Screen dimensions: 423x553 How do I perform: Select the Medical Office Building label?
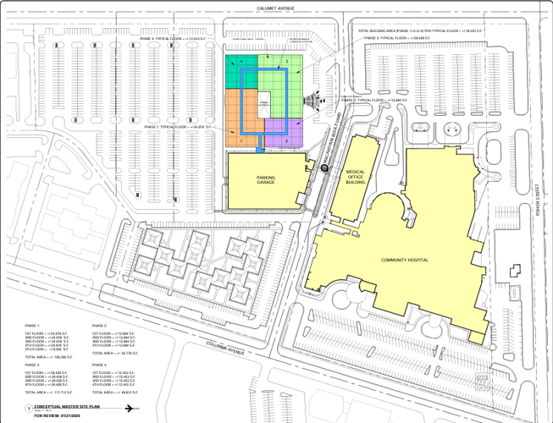355,177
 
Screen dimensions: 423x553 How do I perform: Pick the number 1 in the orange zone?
241,140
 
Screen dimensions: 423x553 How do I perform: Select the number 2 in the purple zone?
287,140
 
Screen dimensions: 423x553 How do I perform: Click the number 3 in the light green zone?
287,62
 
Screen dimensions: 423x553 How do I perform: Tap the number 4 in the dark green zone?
241,62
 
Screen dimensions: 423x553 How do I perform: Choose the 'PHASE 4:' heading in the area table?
99,365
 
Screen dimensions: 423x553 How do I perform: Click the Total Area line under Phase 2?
115,353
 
